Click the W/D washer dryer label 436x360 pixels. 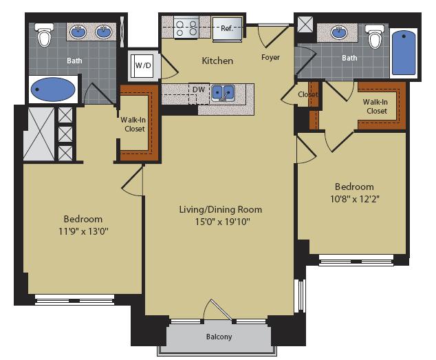[x=144, y=66]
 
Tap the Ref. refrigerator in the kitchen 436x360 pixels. [x=227, y=29]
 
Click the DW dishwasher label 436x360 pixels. [x=198, y=89]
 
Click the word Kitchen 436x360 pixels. [x=217, y=61]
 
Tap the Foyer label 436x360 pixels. [x=271, y=57]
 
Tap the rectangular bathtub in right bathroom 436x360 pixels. [x=404, y=53]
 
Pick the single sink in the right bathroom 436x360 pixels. [x=340, y=32]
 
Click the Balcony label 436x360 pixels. [x=219, y=337]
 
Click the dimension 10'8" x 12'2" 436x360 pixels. [x=354, y=199]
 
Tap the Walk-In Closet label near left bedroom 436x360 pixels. [x=134, y=124]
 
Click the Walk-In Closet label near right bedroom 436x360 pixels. [x=376, y=107]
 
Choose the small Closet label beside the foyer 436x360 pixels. [x=307, y=94]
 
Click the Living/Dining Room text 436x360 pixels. [x=220, y=209]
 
